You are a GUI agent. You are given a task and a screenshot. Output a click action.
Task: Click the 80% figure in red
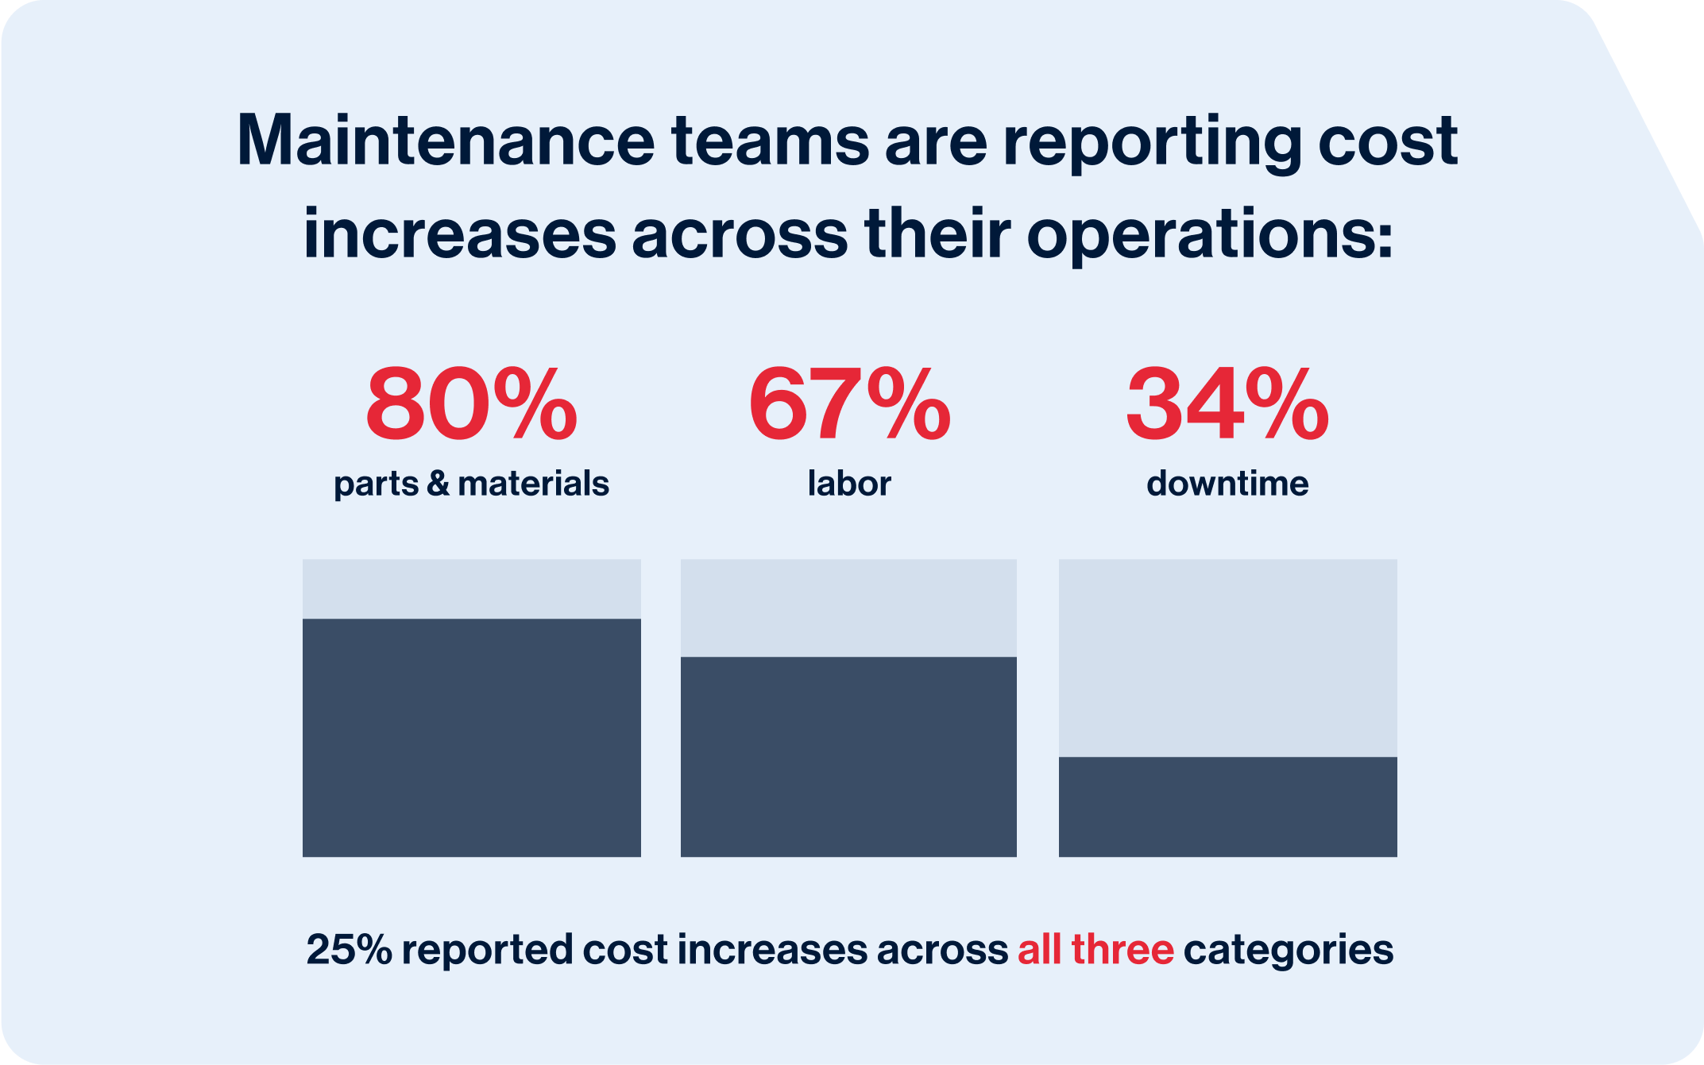(x=471, y=404)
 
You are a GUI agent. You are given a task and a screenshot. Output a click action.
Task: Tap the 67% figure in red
(x=849, y=404)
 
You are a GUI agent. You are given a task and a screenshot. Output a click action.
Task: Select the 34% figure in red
(x=1227, y=404)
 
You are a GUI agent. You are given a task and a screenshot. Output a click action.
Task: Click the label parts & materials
(x=471, y=484)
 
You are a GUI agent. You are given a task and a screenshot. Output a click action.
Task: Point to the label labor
(x=849, y=484)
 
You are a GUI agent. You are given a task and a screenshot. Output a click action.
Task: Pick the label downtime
(x=1227, y=484)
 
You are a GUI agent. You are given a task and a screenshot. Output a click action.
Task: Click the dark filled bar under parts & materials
(x=471, y=737)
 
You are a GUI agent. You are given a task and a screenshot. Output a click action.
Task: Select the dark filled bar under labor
(x=848, y=756)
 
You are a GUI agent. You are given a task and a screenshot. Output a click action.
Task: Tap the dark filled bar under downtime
(x=1227, y=806)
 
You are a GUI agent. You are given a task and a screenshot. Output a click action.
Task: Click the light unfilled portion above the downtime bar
(x=1227, y=658)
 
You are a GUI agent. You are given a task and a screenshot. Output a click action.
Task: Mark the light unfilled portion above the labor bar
(x=848, y=608)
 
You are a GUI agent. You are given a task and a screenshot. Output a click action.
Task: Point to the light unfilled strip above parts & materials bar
(x=471, y=588)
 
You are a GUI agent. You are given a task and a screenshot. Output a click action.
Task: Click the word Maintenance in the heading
(x=446, y=141)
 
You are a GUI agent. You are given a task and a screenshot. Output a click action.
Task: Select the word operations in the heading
(x=1209, y=235)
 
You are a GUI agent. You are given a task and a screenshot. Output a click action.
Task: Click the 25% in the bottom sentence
(x=349, y=950)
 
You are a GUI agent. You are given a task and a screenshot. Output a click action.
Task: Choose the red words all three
(x=1095, y=950)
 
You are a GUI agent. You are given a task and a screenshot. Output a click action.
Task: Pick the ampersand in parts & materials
(x=438, y=484)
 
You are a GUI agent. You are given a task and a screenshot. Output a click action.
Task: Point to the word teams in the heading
(x=770, y=141)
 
